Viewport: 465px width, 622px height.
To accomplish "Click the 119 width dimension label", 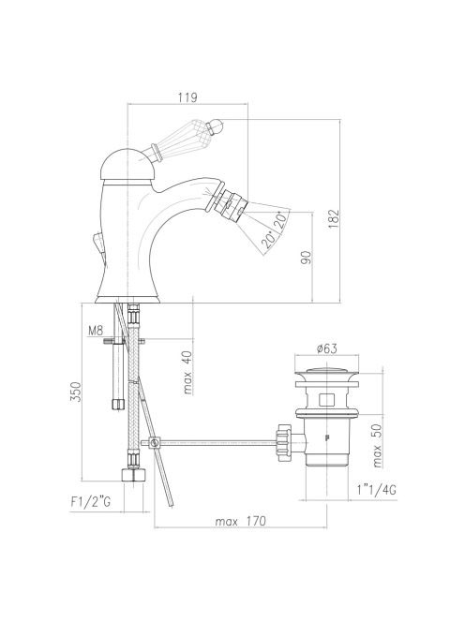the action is [x=187, y=97].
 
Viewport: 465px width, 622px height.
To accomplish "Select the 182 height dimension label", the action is [x=334, y=218].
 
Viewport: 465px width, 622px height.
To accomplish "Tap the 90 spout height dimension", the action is [x=307, y=258].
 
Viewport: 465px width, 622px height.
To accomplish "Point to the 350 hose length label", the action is [x=75, y=392].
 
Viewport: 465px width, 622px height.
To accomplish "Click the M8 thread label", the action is [x=96, y=330].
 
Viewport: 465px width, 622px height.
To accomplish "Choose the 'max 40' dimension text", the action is [x=187, y=373].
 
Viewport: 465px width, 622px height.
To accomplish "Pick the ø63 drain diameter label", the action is [x=327, y=348].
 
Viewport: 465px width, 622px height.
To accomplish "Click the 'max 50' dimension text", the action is [x=377, y=446].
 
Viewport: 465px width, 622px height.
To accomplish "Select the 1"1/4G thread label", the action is [x=376, y=490].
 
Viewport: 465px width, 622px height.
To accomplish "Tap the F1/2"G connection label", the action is [x=91, y=502].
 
